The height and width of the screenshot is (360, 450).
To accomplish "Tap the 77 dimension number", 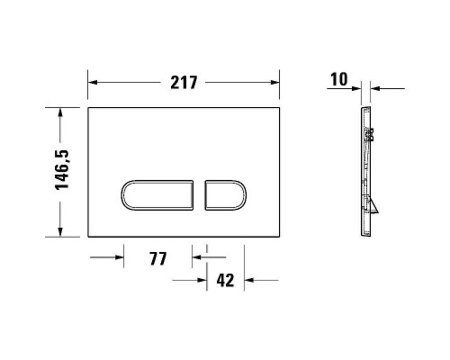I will [x=158, y=259].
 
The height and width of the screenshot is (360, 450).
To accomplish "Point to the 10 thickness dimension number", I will [x=338, y=80].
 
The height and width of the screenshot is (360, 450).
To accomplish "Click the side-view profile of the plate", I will [x=366, y=171].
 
